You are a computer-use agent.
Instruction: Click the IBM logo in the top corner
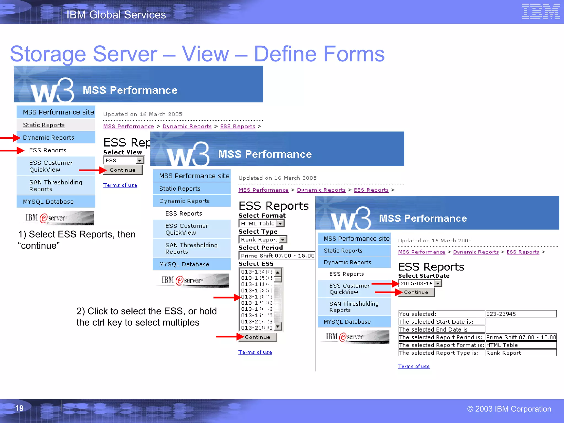[540, 12]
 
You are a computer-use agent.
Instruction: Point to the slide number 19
[19, 408]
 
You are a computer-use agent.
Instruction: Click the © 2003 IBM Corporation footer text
[509, 409]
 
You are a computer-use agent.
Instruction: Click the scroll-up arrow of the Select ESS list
[278, 272]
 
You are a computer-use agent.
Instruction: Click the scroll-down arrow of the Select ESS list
[278, 327]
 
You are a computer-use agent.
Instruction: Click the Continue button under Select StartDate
[416, 292]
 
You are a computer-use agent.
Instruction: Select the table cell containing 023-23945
[521, 314]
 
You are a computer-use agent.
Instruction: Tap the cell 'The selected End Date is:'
[441, 329]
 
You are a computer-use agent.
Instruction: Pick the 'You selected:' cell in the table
[441, 314]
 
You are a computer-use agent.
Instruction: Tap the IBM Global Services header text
[116, 15]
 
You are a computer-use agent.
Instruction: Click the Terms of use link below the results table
[414, 366]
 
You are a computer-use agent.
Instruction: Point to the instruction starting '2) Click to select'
[147, 317]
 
